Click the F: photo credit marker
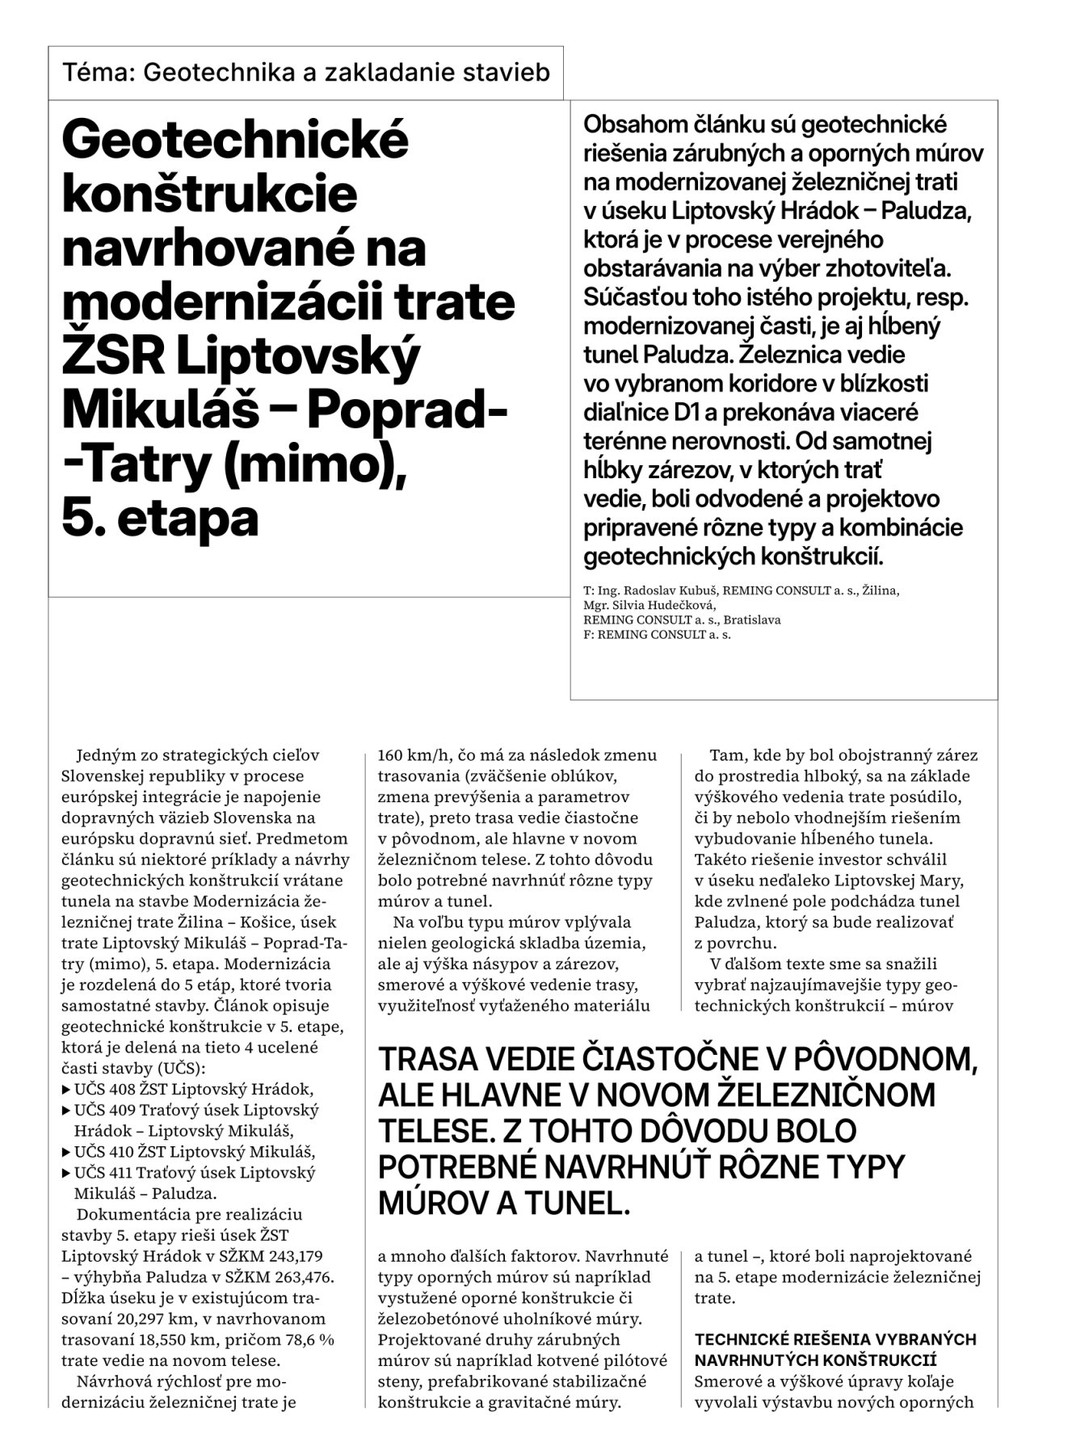coord(588,635)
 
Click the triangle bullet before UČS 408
coord(66,1090)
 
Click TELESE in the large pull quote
coord(427,1132)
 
